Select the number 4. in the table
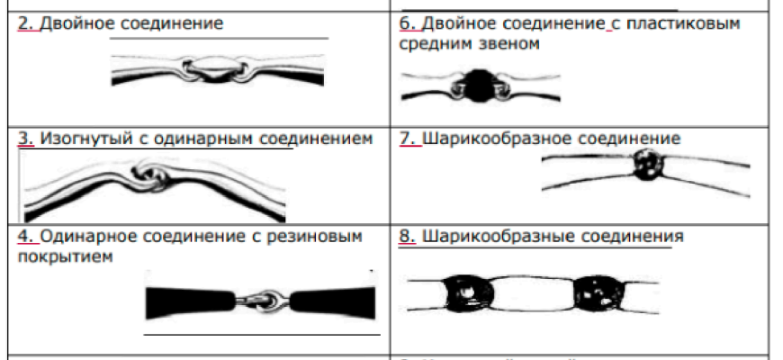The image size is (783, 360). (25, 237)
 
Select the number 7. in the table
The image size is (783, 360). (406, 139)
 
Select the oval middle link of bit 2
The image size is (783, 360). (215, 68)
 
